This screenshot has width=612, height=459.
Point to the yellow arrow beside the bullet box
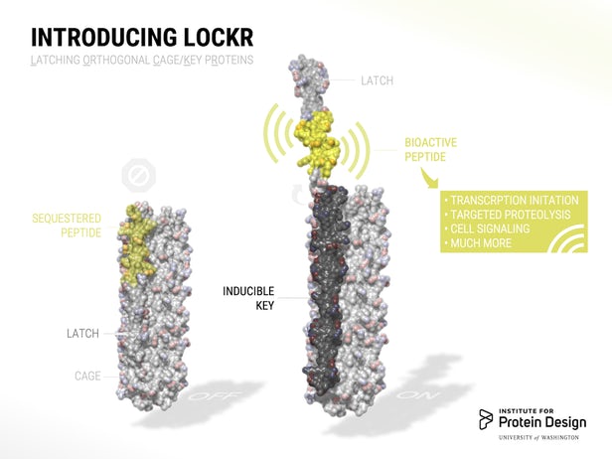click(x=430, y=181)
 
